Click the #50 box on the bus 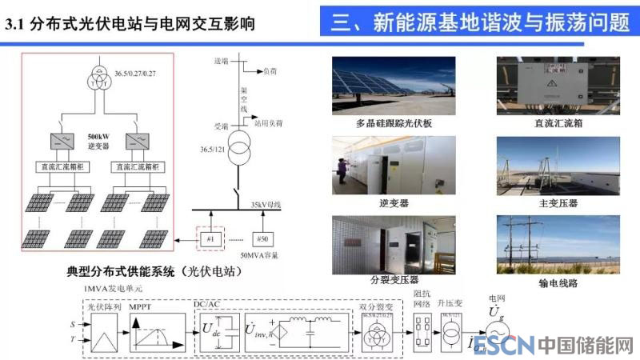coord(262,239)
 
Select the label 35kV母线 coord(266,205)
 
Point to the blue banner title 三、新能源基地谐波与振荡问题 coord(481,22)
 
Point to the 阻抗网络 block coord(423,330)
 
